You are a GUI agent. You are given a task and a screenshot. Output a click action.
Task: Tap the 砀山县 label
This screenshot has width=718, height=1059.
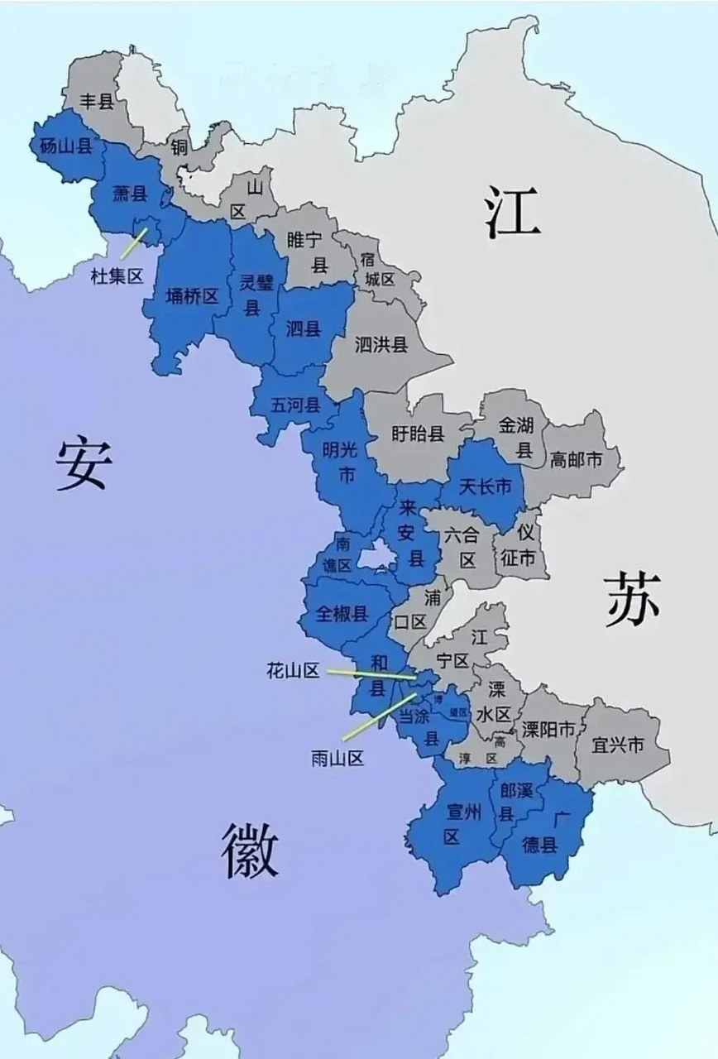point(65,146)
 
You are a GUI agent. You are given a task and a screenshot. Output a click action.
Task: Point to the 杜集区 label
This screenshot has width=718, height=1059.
point(117,276)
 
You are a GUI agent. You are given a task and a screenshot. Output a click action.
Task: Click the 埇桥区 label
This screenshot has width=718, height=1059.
point(192,296)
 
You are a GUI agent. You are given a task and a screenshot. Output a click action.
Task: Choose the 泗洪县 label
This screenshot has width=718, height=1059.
point(381,344)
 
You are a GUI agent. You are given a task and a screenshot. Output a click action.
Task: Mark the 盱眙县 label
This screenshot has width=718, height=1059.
point(418,434)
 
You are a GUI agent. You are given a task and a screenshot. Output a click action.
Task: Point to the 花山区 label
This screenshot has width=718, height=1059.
point(293,670)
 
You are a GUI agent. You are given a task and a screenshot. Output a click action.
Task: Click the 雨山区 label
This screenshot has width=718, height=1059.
point(337,758)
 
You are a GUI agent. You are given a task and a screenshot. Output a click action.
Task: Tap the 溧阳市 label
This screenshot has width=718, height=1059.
point(548,730)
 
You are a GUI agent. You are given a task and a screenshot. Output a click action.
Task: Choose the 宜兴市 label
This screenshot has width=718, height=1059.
point(618,745)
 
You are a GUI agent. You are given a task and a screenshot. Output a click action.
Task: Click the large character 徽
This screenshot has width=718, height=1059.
point(248,851)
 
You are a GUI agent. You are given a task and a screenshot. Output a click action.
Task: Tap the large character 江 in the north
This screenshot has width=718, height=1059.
point(513,212)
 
